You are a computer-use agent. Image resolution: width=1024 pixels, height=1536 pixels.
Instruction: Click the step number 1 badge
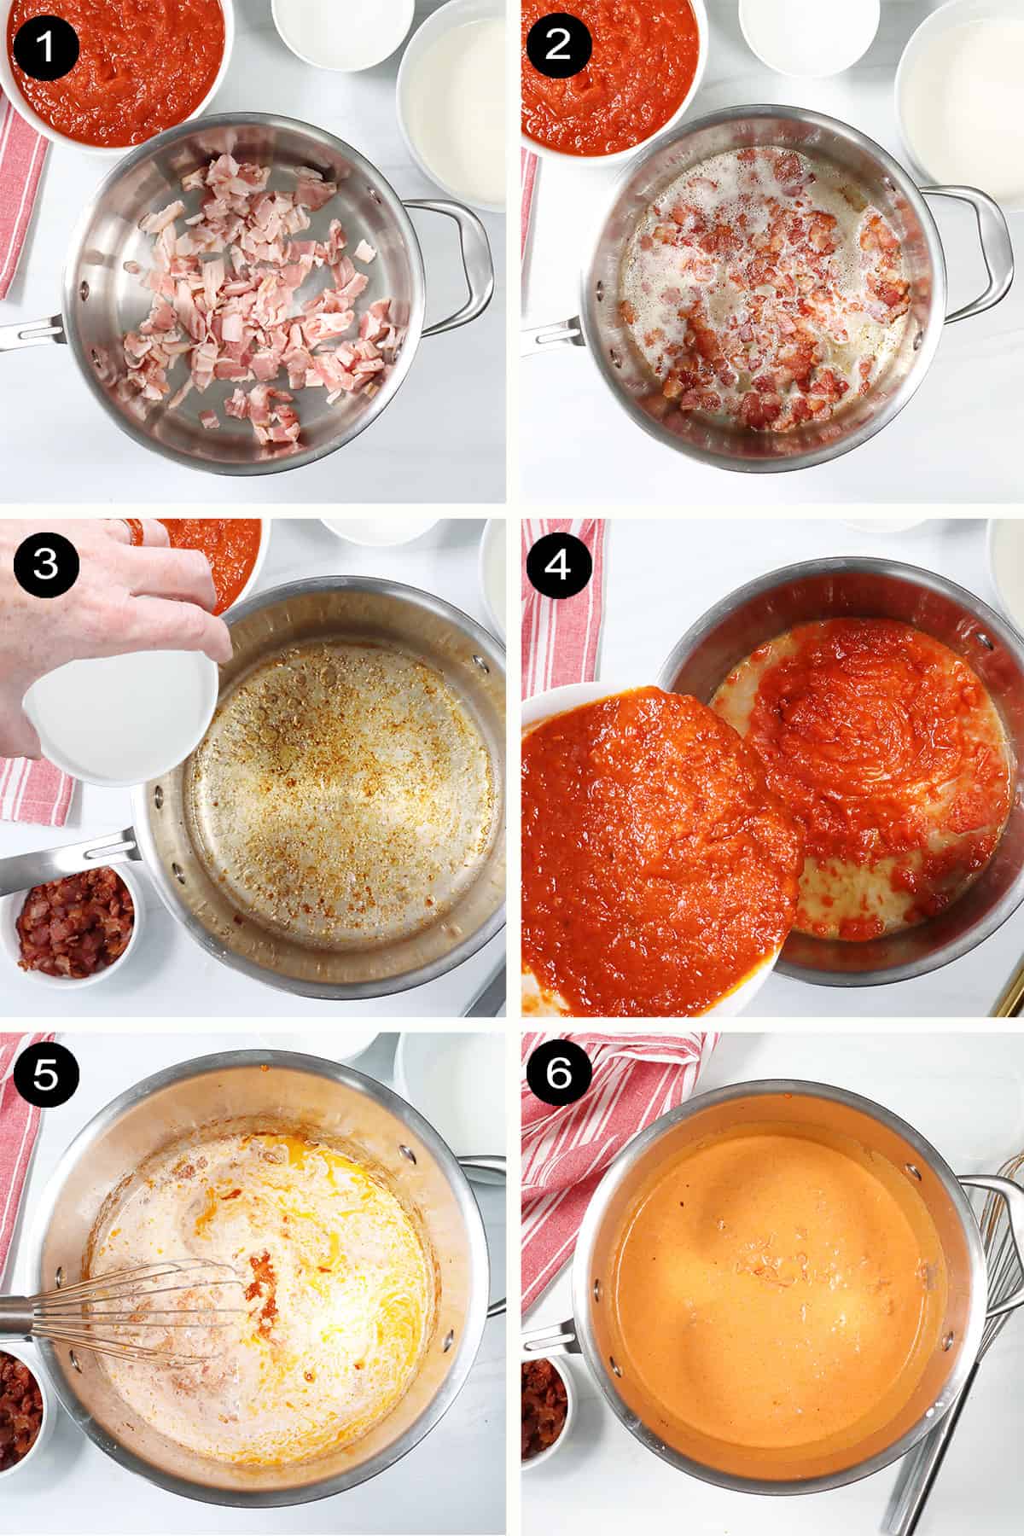click(x=45, y=45)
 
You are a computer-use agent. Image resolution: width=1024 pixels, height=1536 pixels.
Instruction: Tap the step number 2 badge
click(x=557, y=45)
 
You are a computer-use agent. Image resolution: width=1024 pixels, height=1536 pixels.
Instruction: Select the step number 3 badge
click(x=45, y=566)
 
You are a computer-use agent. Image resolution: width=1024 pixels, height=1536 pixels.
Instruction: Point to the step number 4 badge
click(x=557, y=566)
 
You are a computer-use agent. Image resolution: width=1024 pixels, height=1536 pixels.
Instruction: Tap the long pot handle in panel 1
click(x=34, y=337)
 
